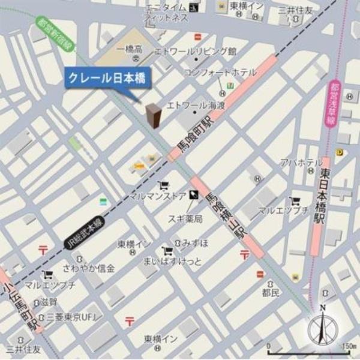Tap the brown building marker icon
(154, 115)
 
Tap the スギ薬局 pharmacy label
(185, 219)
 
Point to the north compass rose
(323, 329)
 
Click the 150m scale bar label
(346, 346)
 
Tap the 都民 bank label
(271, 293)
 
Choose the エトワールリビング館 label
(196, 51)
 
